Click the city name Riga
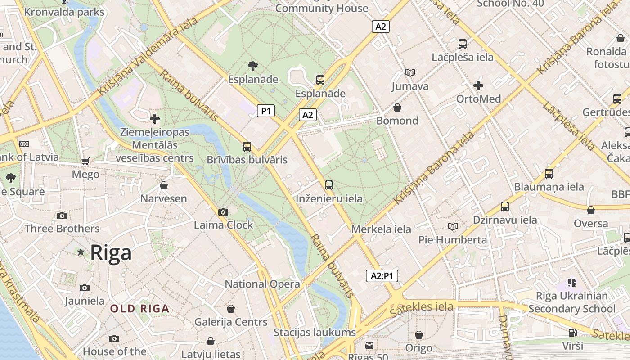coord(111,252)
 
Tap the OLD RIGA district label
coord(140,309)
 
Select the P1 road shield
coord(266,111)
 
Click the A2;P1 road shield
coord(382,276)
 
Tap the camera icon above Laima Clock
coord(223,212)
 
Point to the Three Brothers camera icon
coord(62,216)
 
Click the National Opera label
coord(262,284)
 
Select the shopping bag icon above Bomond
coord(397,108)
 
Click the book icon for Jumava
coord(410,72)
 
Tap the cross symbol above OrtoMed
coord(478,85)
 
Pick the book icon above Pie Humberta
coord(453,226)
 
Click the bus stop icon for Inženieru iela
coord(329,185)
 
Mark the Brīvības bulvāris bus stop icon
coord(247,146)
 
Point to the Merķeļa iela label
coord(381,229)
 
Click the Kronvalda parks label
coord(64,12)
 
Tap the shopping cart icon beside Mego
coord(85,161)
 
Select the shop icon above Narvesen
coord(164,185)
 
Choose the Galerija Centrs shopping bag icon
coord(231,309)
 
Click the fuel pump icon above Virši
coord(572,333)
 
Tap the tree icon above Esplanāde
coord(253,66)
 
